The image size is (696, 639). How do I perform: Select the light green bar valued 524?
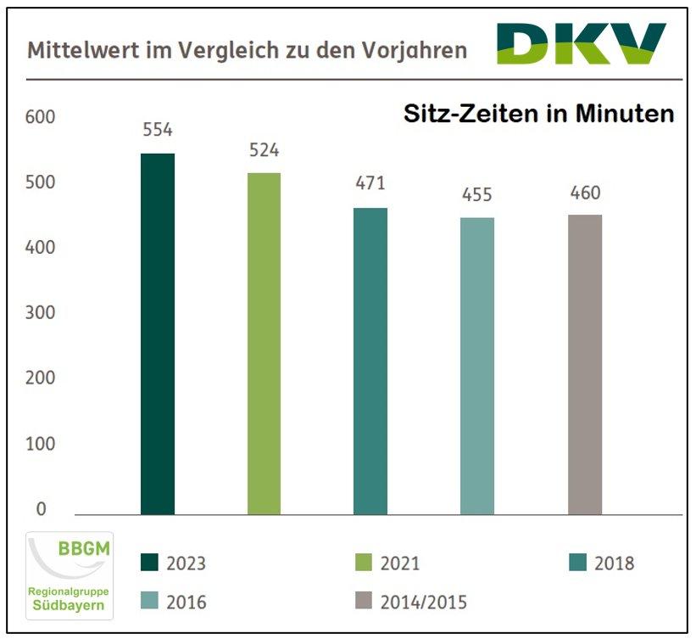(264, 344)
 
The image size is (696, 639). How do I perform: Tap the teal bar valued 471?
(370, 362)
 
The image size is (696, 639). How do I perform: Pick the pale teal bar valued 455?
(477, 366)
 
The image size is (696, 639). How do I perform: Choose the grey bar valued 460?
(584, 364)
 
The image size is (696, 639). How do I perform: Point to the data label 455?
(477, 195)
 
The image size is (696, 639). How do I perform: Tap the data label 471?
(370, 184)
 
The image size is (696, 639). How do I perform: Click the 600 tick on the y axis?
(41, 117)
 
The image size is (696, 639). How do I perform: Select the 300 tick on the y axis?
(41, 313)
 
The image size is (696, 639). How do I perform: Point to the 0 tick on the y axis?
(41, 509)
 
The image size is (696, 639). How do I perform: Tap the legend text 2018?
(614, 563)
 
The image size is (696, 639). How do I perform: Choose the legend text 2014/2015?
(424, 603)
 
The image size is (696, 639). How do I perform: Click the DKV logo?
(582, 43)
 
